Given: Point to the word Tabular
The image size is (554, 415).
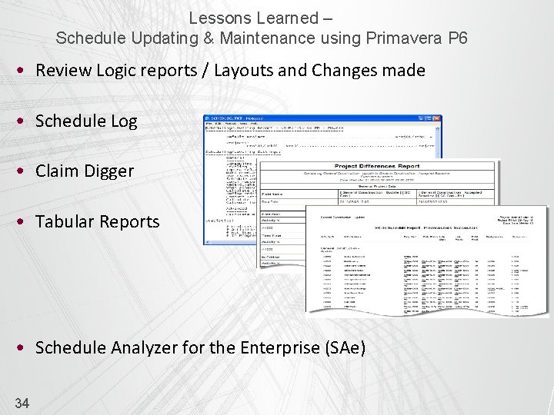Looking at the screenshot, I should [64, 221].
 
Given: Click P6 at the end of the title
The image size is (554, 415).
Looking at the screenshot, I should [458, 37].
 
